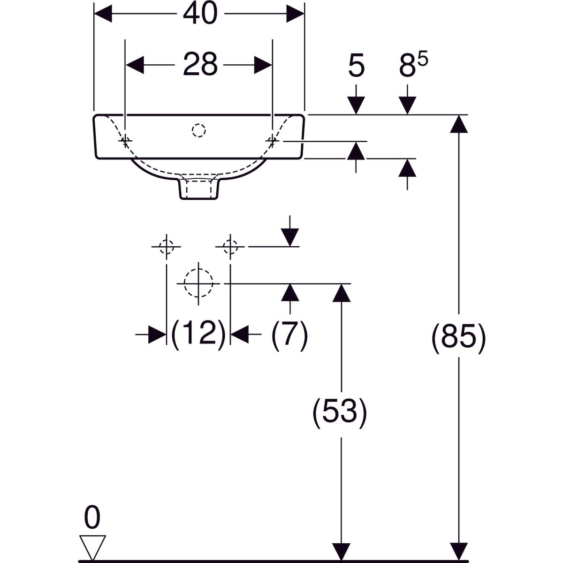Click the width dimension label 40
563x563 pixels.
click(x=200, y=14)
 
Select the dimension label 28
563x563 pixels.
click(x=200, y=64)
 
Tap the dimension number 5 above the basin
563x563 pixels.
click(x=357, y=66)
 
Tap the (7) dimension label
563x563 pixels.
click(x=289, y=335)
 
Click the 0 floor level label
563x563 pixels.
click(x=92, y=518)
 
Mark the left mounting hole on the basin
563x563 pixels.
click(x=125, y=140)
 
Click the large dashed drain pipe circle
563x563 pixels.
click(x=199, y=283)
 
